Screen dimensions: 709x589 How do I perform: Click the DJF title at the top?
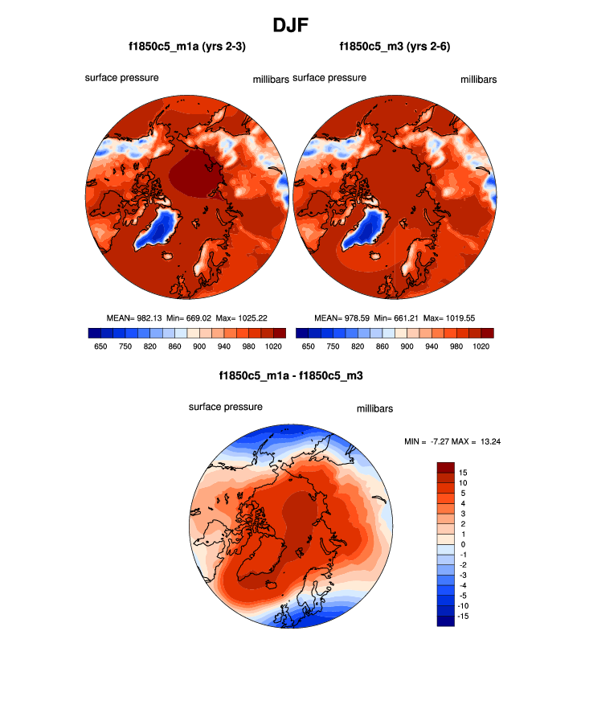pos(294,25)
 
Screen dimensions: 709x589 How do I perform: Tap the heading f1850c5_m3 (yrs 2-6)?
pos(395,47)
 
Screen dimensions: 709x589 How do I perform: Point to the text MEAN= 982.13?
pos(134,318)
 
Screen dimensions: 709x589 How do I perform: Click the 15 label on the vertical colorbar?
pos(464,473)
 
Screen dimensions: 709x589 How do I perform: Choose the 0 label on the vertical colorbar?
pos(464,544)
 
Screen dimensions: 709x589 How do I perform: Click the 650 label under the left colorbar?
pos(100,346)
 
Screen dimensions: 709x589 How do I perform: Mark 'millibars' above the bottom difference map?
pos(374,409)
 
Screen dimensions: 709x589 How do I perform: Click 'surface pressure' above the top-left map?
pos(121,78)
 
